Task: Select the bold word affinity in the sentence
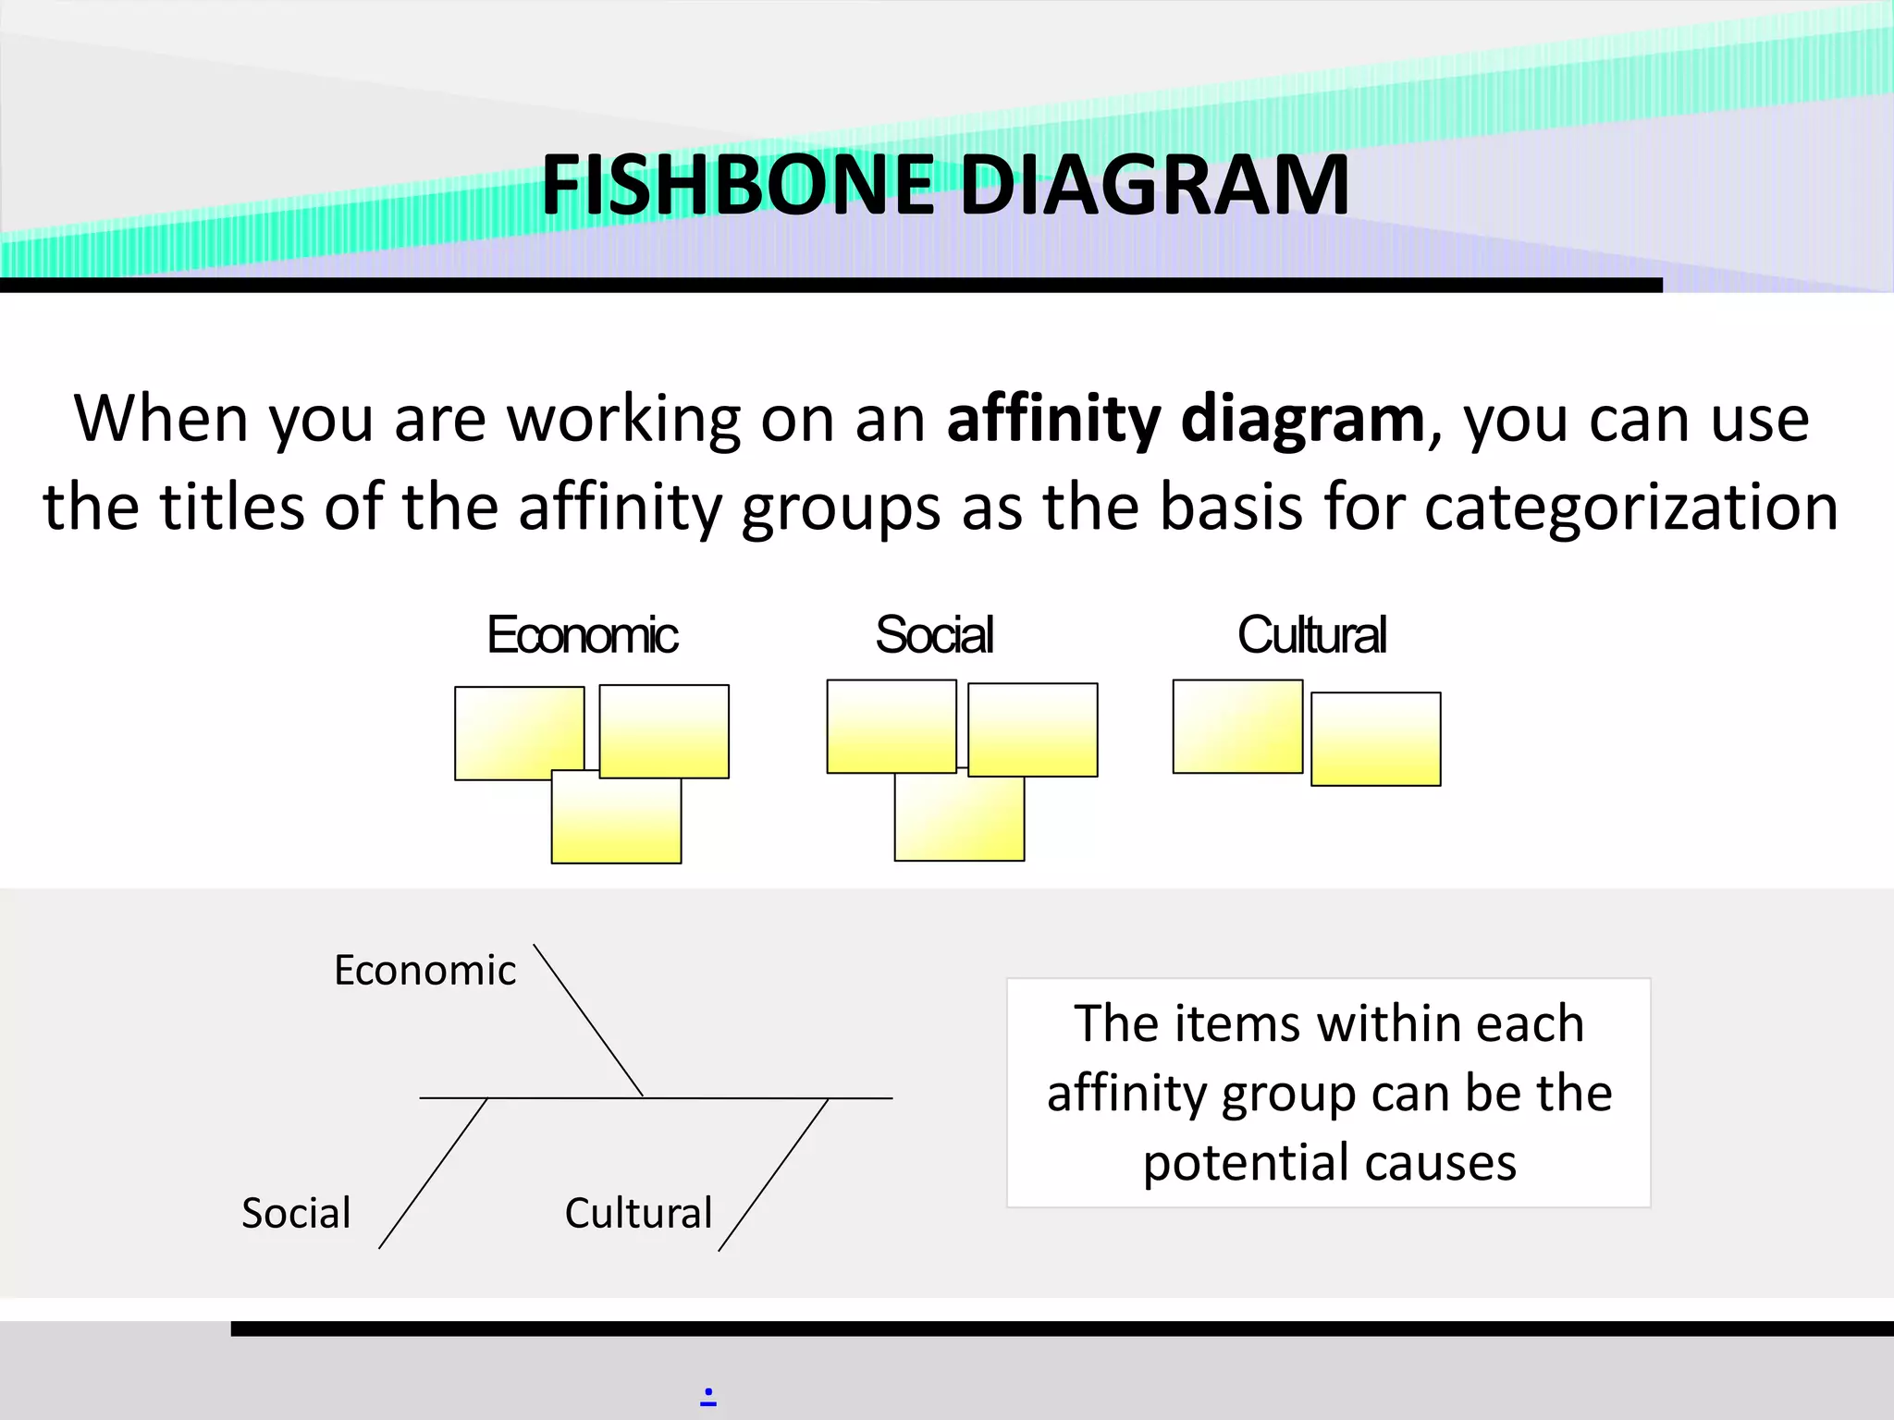[x=1052, y=419]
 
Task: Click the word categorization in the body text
[x=1631, y=508]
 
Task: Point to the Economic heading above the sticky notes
[x=583, y=635]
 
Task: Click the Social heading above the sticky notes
[x=934, y=635]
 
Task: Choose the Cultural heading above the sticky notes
[x=1311, y=635]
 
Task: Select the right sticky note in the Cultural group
[x=1375, y=740]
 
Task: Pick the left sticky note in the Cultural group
[x=1236, y=727]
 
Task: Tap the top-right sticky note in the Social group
[x=1033, y=729]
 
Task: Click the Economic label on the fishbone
[x=424, y=971]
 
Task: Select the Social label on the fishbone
[x=296, y=1213]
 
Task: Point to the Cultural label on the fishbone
[x=638, y=1213]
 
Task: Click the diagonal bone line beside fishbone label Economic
[x=588, y=1021]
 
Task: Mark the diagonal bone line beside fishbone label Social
[x=433, y=1173]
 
